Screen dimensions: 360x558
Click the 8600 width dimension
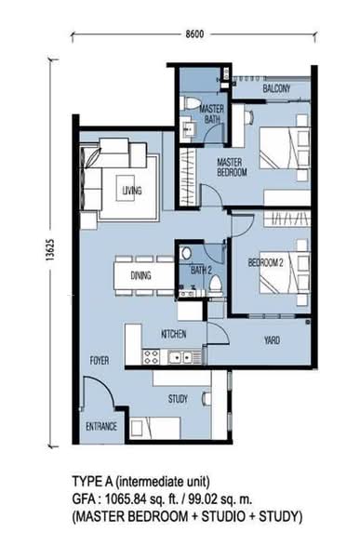tap(194, 34)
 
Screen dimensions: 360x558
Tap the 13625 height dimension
tap(50, 250)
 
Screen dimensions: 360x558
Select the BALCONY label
tap(276, 88)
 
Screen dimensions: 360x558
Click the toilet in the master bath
tap(191, 103)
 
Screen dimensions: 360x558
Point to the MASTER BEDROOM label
tap(232, 167)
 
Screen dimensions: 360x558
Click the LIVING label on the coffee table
tap(132, 191)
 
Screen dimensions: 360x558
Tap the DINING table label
tap(140, 275)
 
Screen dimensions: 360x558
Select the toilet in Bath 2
tap(215, 286)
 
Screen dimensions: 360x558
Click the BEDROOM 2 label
tap(266, 262)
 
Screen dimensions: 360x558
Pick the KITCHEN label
tap(173, 334)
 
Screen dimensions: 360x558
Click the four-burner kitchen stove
tap(151, 356)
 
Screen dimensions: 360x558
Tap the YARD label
tap(272, 340)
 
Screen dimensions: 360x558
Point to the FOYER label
tap(100, 361)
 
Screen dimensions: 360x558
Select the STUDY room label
tap(178, 399)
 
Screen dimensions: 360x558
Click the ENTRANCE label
tap(101, 426)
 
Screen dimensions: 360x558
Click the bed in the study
tap(155, 428)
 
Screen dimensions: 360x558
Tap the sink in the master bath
tap(188, 129)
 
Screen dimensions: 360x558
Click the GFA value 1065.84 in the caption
tap(123, 498)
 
